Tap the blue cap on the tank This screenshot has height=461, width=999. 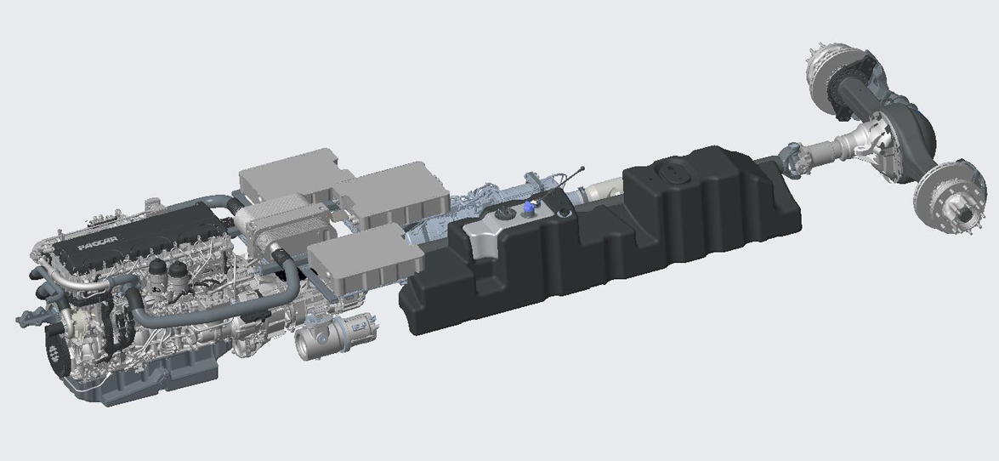pos(528,206)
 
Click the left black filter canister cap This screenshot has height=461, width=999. pos(156,268)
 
